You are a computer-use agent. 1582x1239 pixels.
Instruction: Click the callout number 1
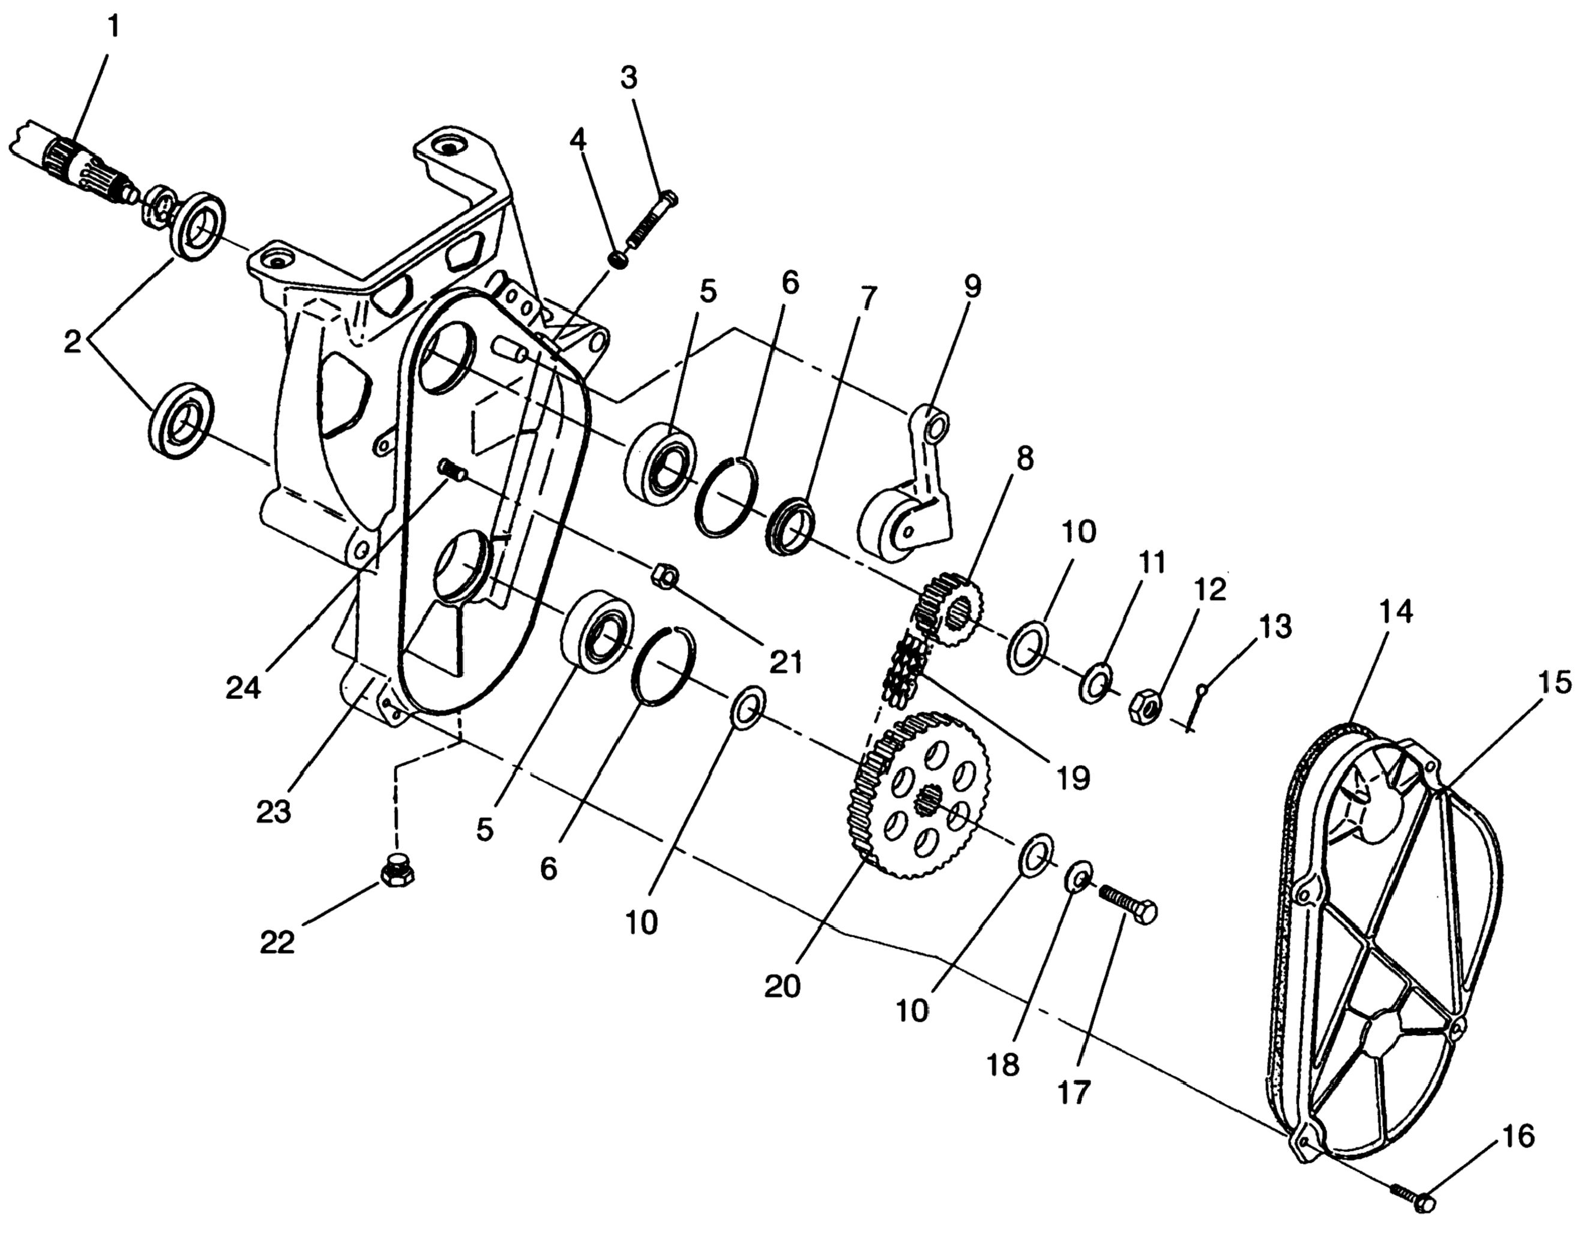point(112,27)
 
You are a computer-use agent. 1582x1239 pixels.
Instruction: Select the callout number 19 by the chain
point(1073,778)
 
